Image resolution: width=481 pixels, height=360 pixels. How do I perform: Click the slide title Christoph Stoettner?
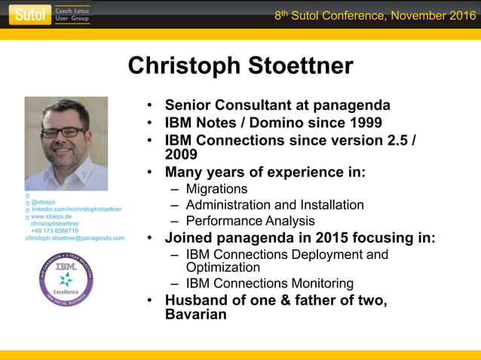[x=240, y=66]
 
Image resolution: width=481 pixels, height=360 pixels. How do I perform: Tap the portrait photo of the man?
[x=66, y=143]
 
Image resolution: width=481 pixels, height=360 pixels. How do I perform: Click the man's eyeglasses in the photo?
[x=64, y=132]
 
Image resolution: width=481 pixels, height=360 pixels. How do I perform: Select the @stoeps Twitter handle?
[x=43, y=202]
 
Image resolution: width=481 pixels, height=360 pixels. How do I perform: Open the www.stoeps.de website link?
[x=51, y=216]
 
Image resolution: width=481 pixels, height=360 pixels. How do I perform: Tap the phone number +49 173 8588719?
[x=54, y=230]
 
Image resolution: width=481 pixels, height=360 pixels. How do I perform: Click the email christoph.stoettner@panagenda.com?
[x=75, y=238]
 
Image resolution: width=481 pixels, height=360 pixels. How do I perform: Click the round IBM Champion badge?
[x=66, y=279]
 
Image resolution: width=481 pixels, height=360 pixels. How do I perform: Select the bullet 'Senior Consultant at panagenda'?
[x=277, y=105]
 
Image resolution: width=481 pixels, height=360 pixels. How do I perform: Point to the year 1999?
[x=366, y=122]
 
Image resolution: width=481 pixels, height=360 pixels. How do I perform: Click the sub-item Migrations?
[x=216, y=189]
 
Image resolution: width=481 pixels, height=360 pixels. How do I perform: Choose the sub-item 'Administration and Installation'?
[x=274, y=205]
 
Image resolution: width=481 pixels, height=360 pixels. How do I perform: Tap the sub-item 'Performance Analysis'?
[x=250, y=221]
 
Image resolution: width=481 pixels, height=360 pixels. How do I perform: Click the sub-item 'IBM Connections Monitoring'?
[x=269, y=284]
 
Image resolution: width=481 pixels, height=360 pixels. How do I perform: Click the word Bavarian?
[x=195, y=315]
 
